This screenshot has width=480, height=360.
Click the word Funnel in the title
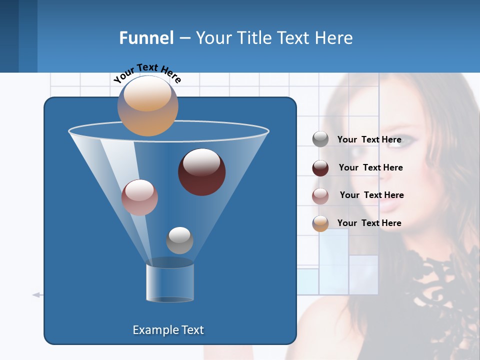pyautogui.click(x=146, y=38)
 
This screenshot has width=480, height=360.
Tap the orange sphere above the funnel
pyautogui.click(x=148, y=106)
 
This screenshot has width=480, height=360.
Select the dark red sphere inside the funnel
pyautogui.click(x=202, y=172)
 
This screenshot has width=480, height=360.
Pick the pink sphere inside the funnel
pyautogui.click(x=139, y=197)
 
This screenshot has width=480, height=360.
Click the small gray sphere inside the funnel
pyautogui.click(x=179, y=240)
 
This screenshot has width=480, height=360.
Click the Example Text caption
pyautogui.click(x=168, y=330)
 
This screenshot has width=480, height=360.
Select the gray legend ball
pyautogui.click(x=320, y=139)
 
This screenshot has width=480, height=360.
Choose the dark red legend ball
pyautogui.click(x=320, y=168)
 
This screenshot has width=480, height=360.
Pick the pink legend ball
pyautogui.click(x=320, y=196)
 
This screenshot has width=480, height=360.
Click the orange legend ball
pyautogui.click(x=320, y=223)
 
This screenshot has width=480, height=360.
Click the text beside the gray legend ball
pyautogui.click(x=369, y=139)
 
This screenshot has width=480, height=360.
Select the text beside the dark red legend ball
pyautogui.click(x=370, y=167)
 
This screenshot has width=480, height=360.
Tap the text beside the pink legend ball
pyautogui.click(x=371, y=195)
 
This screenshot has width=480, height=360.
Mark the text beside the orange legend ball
pyautogui.click(x=369, y=223)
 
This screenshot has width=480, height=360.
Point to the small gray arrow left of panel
pyautogui.click(x=36, y=295)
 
